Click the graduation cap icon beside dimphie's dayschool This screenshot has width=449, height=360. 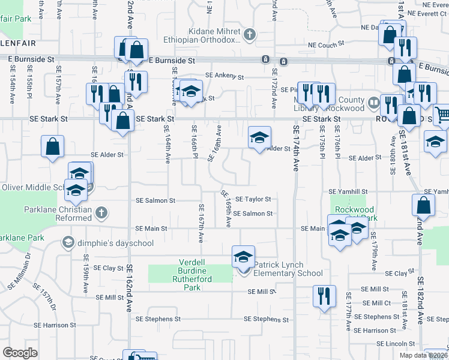(68, 243)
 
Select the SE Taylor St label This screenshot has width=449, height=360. (253, 199)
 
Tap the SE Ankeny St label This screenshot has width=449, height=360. (224, 76)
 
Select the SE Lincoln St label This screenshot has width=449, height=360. (395, 343)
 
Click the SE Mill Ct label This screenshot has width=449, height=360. (376, 303)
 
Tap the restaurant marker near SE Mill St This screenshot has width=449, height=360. (322, 297)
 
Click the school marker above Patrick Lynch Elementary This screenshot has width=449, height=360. (243, 257)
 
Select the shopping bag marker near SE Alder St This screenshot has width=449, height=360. (52, 146)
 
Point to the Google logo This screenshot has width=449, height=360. (20, 353)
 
